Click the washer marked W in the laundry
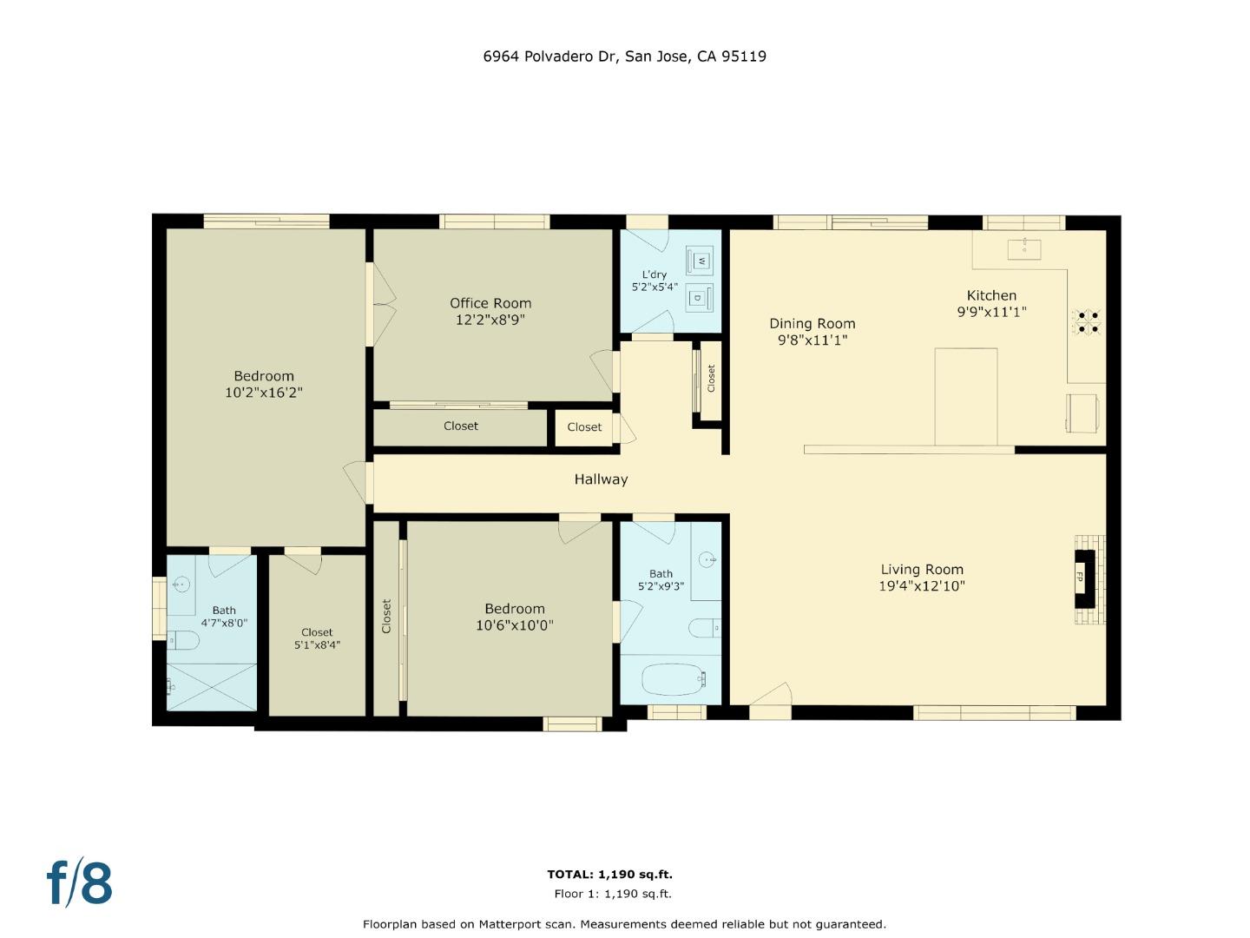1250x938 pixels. [700, 261]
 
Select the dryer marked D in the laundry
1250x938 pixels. [698, 298]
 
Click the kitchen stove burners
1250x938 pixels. [1088, 321]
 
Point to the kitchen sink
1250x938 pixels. [1024, 248]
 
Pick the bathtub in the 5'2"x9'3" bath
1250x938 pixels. [674, 678]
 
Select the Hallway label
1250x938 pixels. [601, 479]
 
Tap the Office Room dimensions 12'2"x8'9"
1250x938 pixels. [490, 320]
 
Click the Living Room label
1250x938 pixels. [922, 570]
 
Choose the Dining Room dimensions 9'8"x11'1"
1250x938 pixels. [812, 340]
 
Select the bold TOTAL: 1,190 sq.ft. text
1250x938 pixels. [609, 875]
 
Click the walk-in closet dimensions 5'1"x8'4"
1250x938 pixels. [317, 645]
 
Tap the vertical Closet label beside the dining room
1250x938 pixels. [711, 378]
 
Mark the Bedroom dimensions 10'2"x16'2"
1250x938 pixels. [264, 393]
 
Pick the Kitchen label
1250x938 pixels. [991, 295]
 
